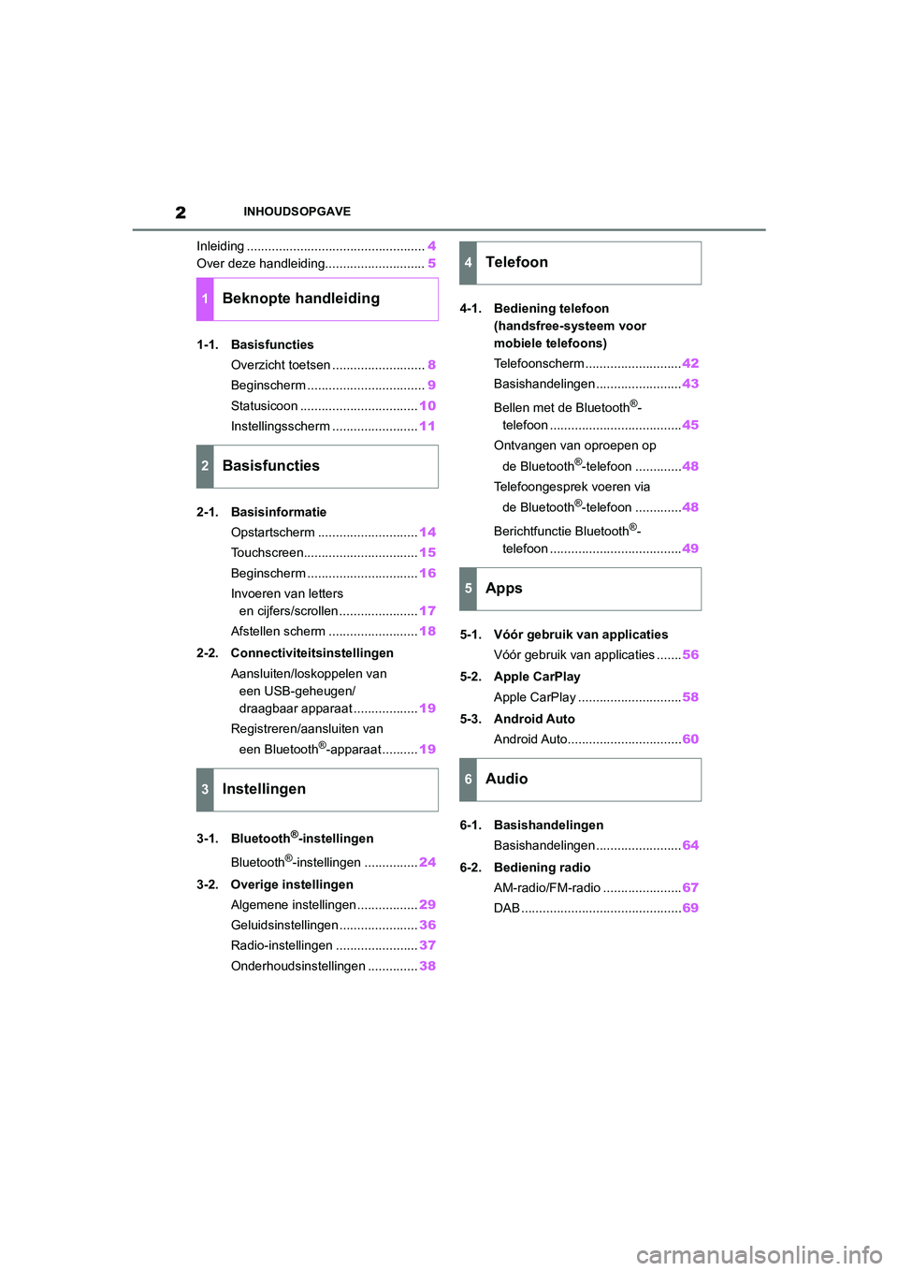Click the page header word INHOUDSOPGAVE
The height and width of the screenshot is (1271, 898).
click(x=297, y=212)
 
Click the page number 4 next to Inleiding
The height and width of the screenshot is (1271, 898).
click(x=431, y=246)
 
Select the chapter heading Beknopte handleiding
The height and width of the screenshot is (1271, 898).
click(x=300, y=299)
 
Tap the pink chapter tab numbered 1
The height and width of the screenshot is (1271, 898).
click(x=205, y=299)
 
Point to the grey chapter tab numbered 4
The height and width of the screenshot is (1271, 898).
click(x=468, y=263)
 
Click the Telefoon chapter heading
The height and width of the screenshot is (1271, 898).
click(x=516, y=263)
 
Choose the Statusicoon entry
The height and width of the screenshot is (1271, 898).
click(x=265, y=406)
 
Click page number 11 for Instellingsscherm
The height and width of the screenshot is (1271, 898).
click(x=427, y=426)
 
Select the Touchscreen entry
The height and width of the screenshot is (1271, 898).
click(x=268, y=553)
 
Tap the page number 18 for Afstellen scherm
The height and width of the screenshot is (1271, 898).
click(x=427, y=632)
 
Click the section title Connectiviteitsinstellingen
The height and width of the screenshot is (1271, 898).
click(x=311, y=653)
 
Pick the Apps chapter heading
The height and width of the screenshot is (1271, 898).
click(x=503, y=589)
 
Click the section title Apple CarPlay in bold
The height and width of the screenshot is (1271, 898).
click(x=537, y=677)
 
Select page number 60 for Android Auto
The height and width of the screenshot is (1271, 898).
click(x=690, y=739)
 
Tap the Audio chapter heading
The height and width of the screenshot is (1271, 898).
click(x=506, y=780)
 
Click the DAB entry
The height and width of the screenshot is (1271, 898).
click(x=507, y=908)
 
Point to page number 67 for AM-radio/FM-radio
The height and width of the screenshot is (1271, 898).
click(x=690, y=887)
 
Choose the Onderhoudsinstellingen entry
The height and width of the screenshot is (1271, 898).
click(x=297, y=966)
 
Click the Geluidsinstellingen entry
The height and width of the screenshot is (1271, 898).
click(x=284, y=925)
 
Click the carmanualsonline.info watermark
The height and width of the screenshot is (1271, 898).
click(x=759, y=1254)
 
